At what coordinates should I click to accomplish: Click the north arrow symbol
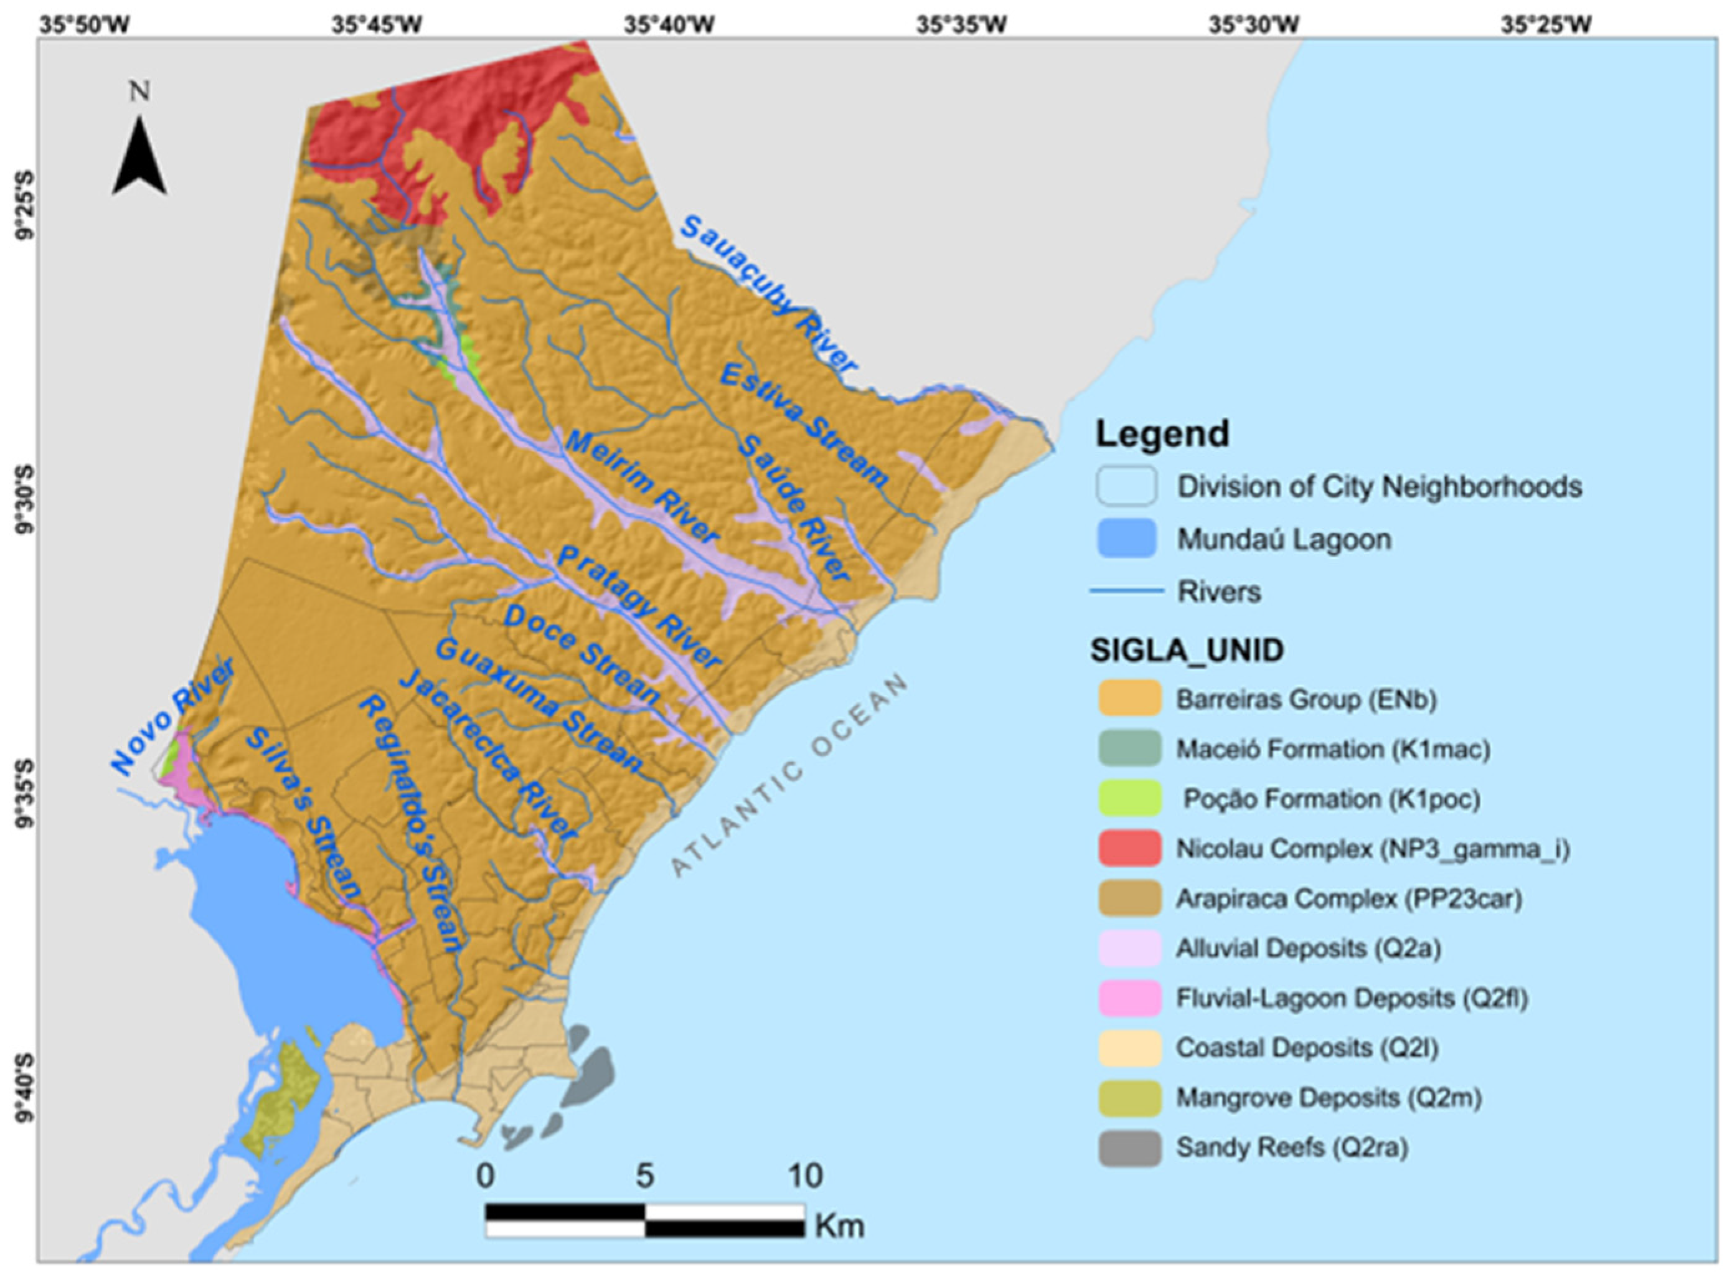coord(139,155)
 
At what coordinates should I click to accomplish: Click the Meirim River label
coord(642,486)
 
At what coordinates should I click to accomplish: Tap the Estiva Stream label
coord(804,425)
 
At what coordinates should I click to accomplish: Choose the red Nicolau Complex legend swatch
coord(1129,848)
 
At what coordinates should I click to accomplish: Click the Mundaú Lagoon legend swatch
coord(1126,538)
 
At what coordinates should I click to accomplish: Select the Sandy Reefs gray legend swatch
coord(1129,1148)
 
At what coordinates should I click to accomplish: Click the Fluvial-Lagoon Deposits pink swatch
coord(1129,998)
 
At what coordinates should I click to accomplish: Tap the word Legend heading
coord(1162,433)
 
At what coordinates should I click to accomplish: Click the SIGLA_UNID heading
coord(1187,649)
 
